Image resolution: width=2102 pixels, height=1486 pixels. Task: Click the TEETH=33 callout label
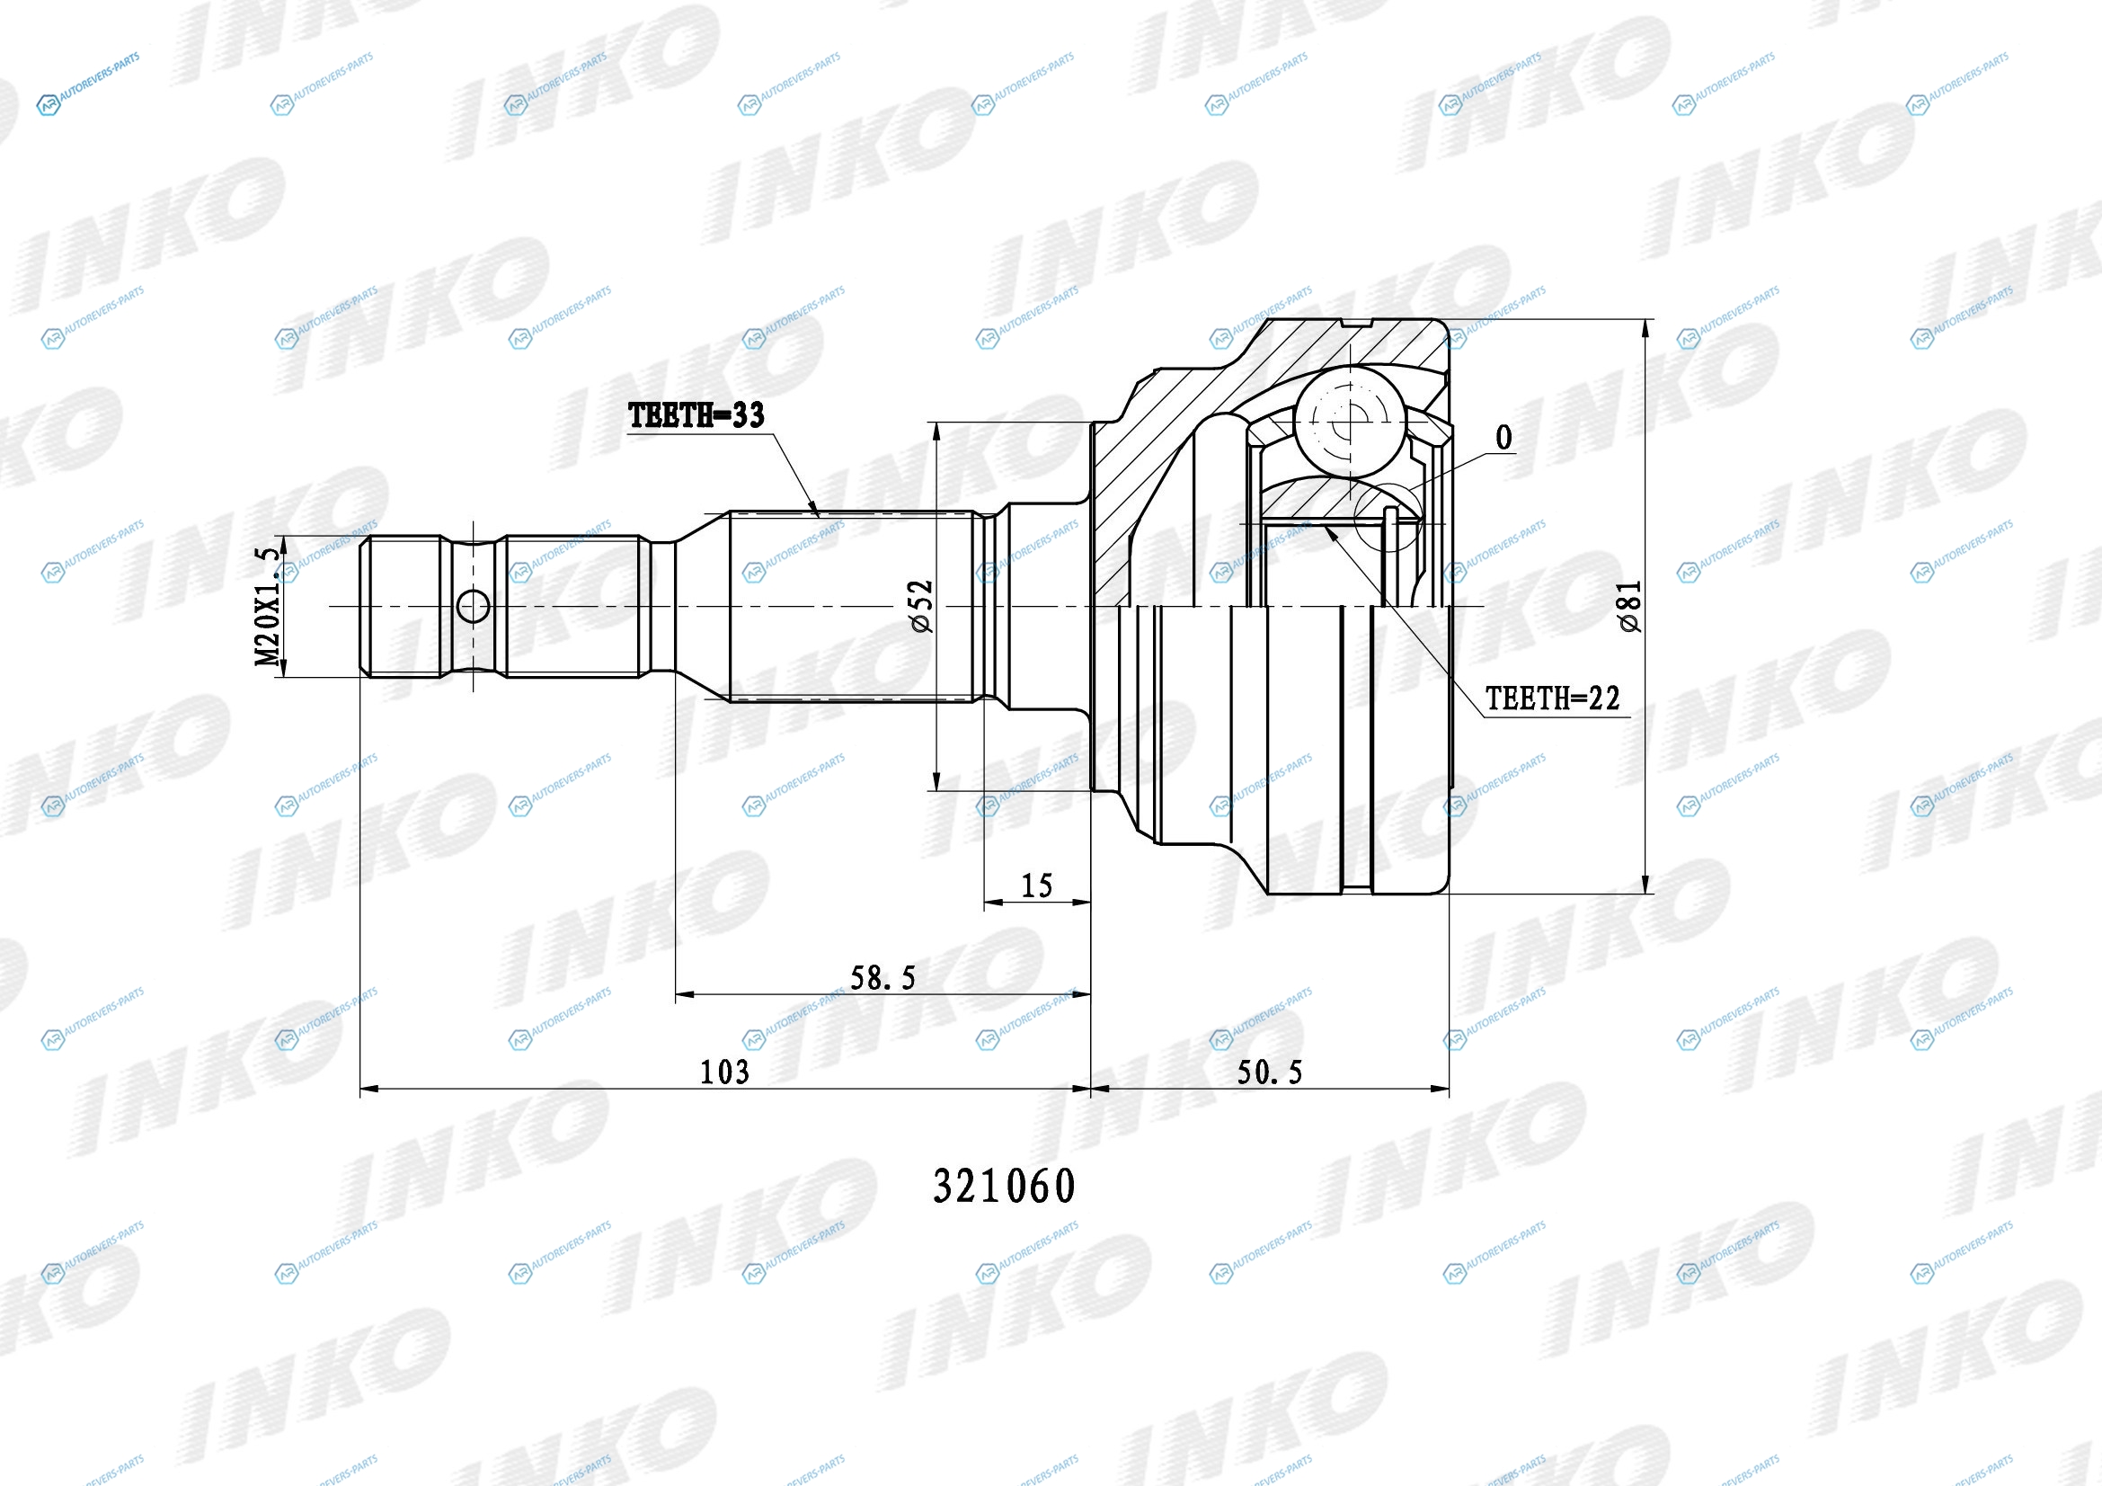[696, 415]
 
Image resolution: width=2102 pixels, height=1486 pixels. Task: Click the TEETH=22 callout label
[1553, 699]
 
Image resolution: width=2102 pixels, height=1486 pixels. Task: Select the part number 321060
[1005, 1187]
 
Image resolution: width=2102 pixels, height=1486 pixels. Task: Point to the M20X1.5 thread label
[266, 606]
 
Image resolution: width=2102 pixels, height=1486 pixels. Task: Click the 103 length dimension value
[724, 1072]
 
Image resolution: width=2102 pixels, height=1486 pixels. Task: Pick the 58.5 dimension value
[882, 978]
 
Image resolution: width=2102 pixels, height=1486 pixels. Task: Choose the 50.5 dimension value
[1270, 1072]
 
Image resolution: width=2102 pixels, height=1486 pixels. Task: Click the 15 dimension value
[1036, 885]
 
